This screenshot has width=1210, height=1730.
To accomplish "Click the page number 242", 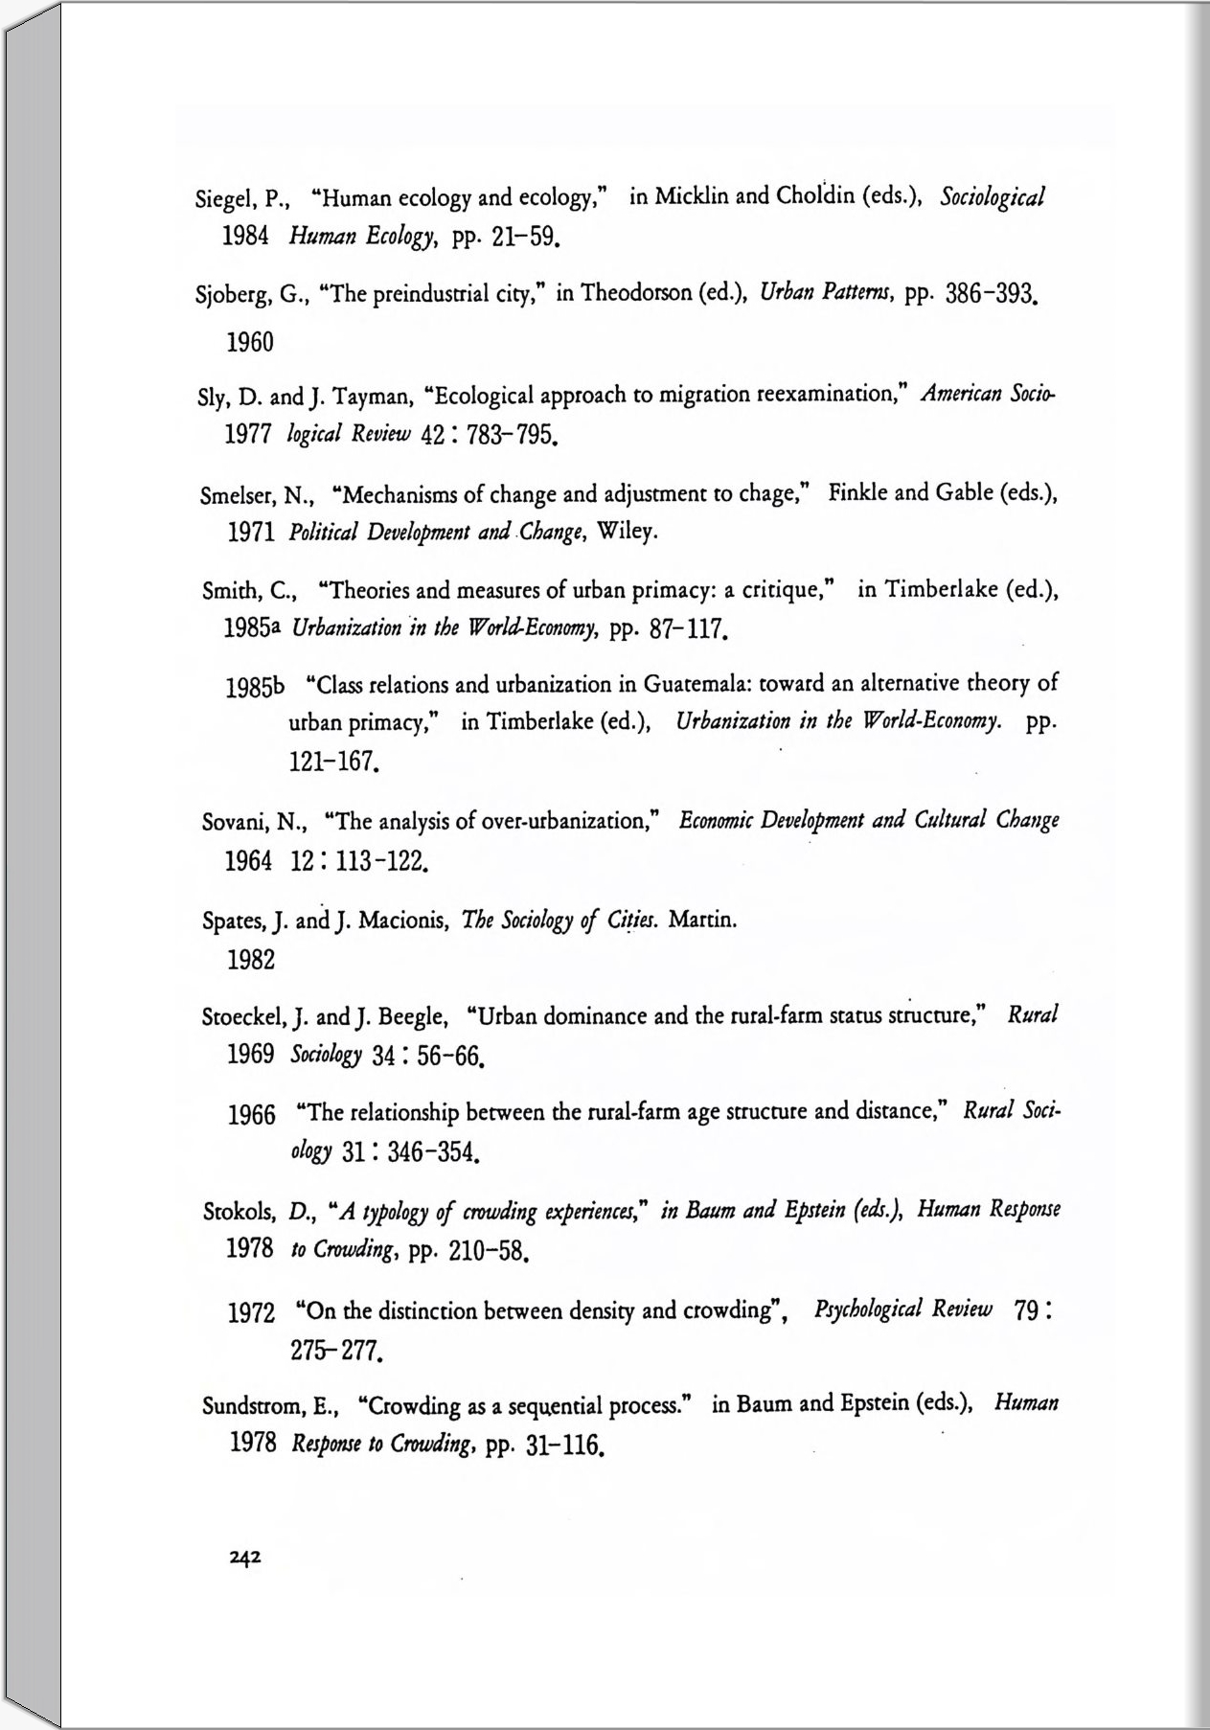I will (x=245, y=1558).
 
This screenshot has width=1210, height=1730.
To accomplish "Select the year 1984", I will (x=245, y=237).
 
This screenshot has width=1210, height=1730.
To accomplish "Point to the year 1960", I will (x=250, y=342).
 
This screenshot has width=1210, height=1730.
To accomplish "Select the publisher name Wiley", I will (x=627, y=532).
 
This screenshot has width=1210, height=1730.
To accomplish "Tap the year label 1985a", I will (x=252, y=629).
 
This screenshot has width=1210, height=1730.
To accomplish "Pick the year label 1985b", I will (x=256, y=688).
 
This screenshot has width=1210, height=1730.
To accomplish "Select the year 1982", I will (x=251, y=960).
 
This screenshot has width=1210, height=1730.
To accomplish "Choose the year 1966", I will (x=252, y=1115).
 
